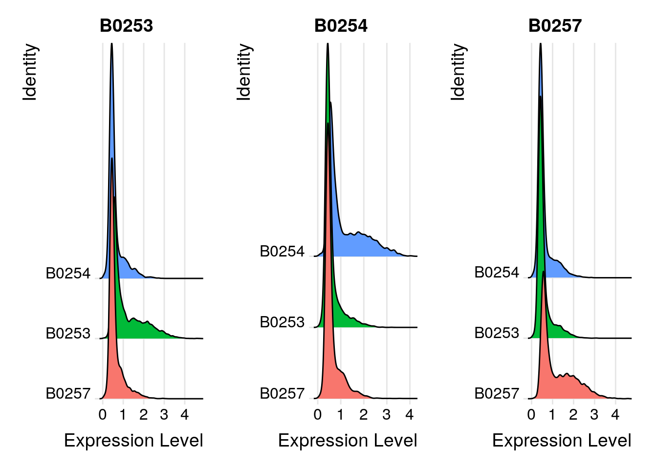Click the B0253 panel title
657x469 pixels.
pyautogui.click(x=126, y=26)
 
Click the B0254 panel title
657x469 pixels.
pyautogui.click(x=341, y=26)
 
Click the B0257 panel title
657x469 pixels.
pyautogui.click(x=555, y=26)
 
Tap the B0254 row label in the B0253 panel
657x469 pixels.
pyautogui.click(x=68, y=273)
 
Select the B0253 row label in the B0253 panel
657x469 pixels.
pyautogui.click(x=68, y=334)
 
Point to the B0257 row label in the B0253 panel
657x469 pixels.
pyautogui.click(x=68, y=394)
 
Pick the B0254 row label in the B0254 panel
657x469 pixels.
pyautogui.click(x=282, y=252)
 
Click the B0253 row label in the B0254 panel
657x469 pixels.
pyautogui.click(x=282, y=322)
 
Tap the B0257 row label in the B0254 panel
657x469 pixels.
pyautogui.click(x=282, y=394)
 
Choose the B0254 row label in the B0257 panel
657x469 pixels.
pyautogui.click(x=497, y=273)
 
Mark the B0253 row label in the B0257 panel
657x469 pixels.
pyautogui.click(x=497, y=333)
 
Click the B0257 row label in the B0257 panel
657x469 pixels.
pyautogui.click(x=497, y=394)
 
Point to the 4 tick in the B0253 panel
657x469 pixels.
pyautogui.click(x=184, y=415)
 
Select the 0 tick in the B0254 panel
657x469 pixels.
pyautogui.click(x=318, y=415)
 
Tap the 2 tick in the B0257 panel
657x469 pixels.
pyautogui.click(x=573, y=415)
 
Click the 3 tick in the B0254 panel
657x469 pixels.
pyautogui.click(x=387, y=415)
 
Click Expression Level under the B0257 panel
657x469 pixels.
pyautogui.click(x=562, y=441)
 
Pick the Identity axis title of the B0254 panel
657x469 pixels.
pyautogui.click(x=243, y=72)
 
